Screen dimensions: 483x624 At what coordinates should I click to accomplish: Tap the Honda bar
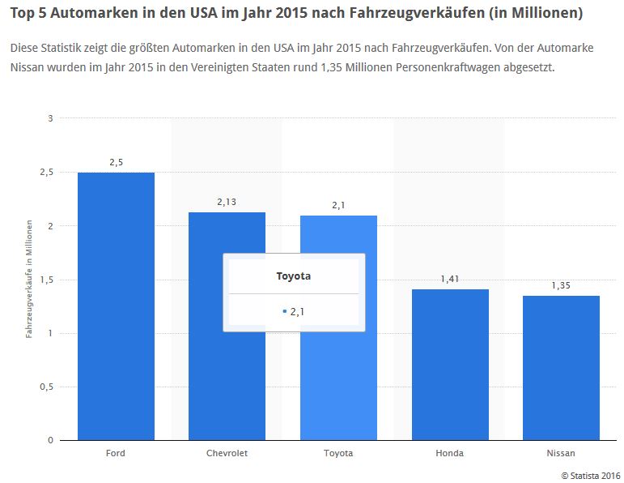(x=449, y=365)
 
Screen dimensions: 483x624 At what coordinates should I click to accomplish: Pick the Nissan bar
(x=561, y=368)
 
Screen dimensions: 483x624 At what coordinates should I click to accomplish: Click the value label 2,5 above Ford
(x=116, y=162)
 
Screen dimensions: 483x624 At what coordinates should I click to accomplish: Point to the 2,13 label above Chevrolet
(x=227, y=202)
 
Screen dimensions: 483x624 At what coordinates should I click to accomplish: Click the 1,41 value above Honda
(x=449, y=279)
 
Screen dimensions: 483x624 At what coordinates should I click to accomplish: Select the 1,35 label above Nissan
(x=561, y=285)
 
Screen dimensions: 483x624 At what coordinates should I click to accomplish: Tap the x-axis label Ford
(x=116, y=453)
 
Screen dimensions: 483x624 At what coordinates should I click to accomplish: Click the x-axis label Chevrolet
(x=227, y=453)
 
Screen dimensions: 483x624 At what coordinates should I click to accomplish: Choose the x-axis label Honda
(x=449, y=453)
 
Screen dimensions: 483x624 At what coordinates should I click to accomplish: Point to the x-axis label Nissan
(x=561, y=453)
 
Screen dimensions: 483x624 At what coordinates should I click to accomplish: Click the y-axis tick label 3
(x=50, y=118)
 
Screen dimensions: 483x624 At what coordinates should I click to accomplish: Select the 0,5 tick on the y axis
(x=47, y=387)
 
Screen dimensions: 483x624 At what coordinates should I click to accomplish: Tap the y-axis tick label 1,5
(x=47, y=280)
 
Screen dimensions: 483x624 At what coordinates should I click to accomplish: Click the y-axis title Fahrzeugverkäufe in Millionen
(x=29, y=279)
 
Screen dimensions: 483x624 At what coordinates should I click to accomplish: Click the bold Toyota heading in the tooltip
(x=294, y=276)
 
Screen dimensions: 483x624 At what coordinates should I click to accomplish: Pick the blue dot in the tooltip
(x=284, y=311)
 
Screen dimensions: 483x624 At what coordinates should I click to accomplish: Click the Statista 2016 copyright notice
(x=590, y=474)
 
